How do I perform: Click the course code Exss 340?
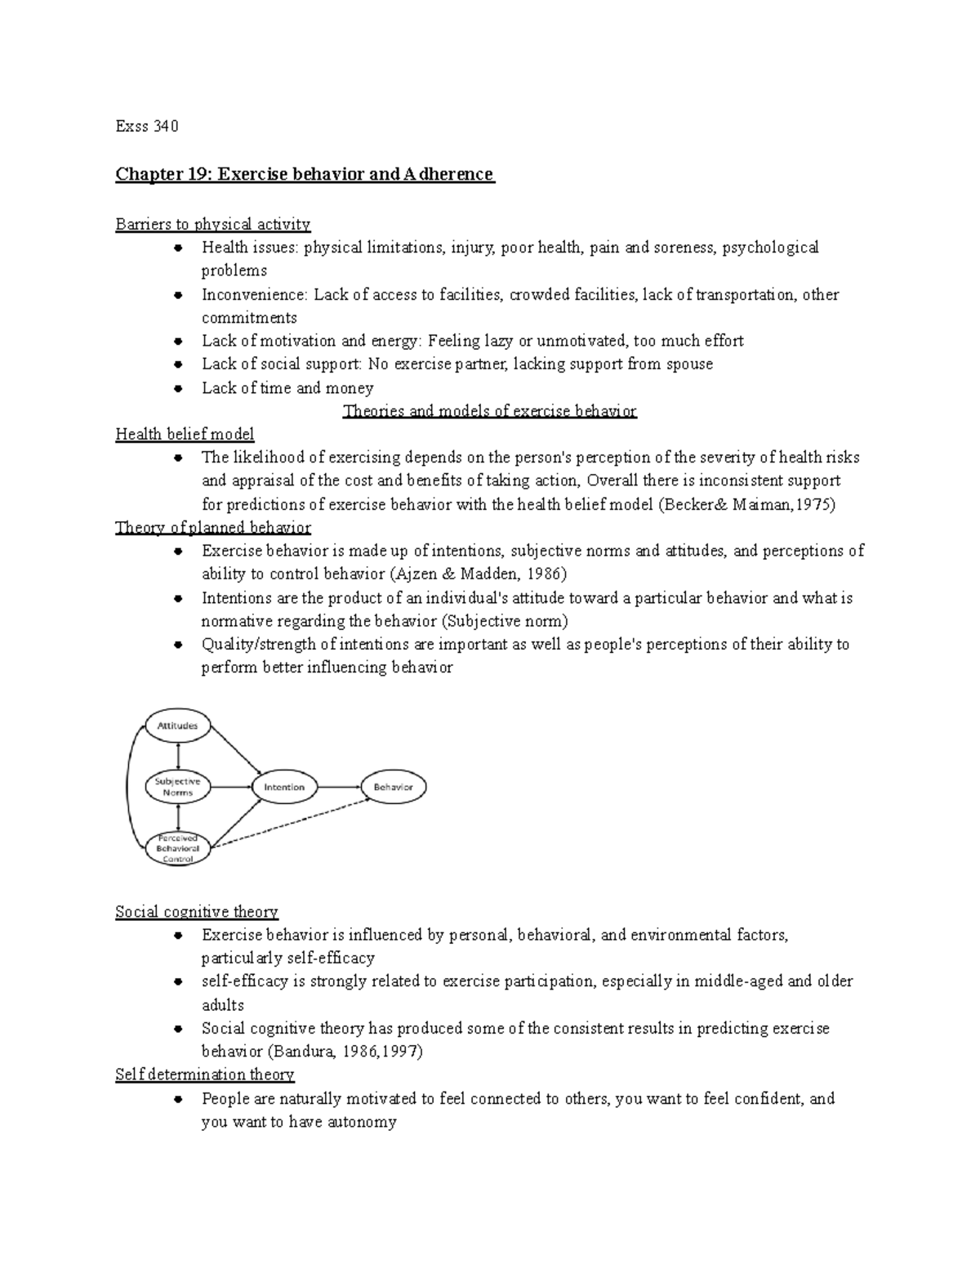point(146,127)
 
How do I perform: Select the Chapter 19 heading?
point(305,174)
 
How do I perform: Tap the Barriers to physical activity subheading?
point(212,224)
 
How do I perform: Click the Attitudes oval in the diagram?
point(177,726)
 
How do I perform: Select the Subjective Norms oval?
point(177,787)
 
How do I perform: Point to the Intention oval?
point(284,787)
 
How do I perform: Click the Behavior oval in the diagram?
point(393,787)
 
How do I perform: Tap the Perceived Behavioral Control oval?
point(177,848)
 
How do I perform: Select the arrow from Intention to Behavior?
point(339,787)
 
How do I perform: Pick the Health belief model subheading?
point(185,434)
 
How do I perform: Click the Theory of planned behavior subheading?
point(212,528)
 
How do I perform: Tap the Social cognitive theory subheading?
point(196,912)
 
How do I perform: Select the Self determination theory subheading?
point(204,1075)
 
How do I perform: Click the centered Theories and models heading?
point(489,411)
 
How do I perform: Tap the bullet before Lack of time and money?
point(177,388)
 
